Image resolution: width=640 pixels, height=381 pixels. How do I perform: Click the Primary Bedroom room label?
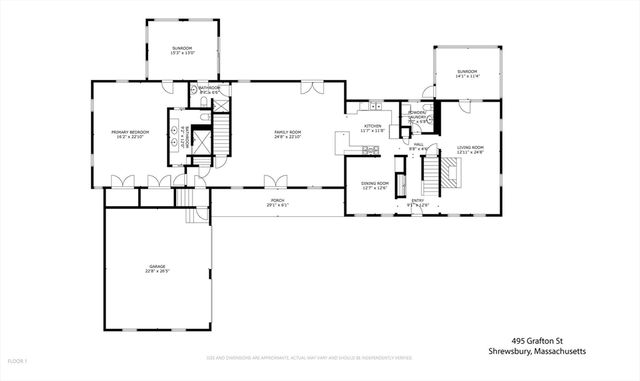(130, 134)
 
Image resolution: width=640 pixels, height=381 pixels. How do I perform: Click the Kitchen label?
(359, 128)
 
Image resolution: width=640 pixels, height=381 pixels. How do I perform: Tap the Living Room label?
(470, 149)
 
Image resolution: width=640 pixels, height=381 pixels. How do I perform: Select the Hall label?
(419, 147)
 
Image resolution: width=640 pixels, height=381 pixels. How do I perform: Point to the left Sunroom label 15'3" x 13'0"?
(181, 49)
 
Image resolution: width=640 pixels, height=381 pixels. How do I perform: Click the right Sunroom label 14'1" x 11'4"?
(467, 73)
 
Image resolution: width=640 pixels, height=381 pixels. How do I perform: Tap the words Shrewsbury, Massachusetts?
(537, 352)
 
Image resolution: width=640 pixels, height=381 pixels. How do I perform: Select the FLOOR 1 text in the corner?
(18, 360)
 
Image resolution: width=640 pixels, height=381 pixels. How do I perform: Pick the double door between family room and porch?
(276, 182)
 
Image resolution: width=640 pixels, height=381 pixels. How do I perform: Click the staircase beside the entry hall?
(432, 179)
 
